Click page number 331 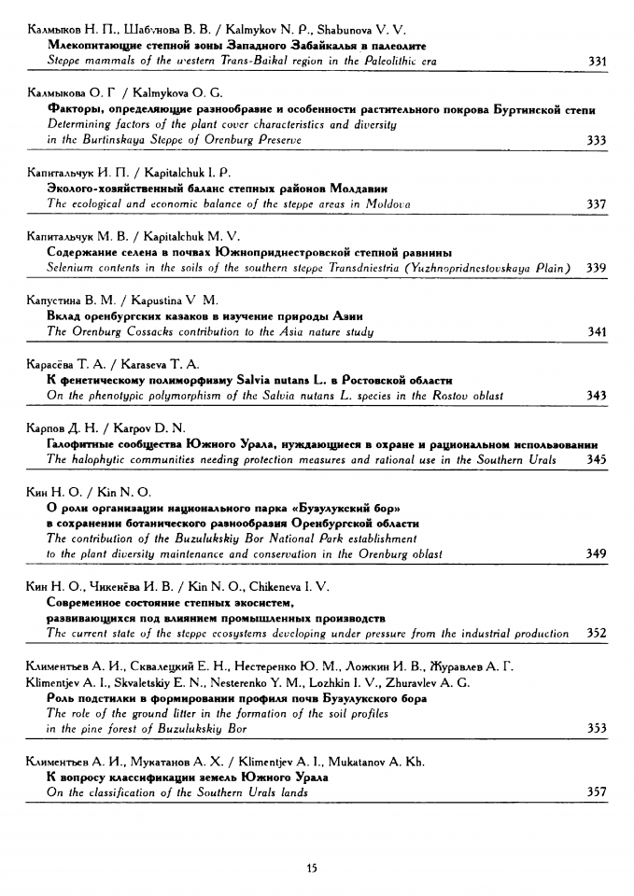coord(598,62)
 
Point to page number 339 coord(598,268)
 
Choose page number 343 coord(598,396)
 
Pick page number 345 coord(598,459)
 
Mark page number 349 coord(598,554)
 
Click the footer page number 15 coord(312,868)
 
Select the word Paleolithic coord(383,62)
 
